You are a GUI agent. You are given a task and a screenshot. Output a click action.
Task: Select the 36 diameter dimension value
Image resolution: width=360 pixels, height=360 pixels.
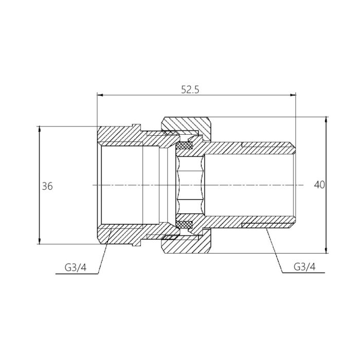(x=47, y=186)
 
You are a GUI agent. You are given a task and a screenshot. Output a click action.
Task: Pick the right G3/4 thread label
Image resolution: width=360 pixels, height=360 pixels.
(x=304, y=267)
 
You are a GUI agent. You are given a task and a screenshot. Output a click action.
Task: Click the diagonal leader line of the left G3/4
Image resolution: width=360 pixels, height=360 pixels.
(x=103, y=252)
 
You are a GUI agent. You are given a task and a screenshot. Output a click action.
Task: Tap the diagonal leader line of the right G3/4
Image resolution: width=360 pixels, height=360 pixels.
(x=274, y=249)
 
